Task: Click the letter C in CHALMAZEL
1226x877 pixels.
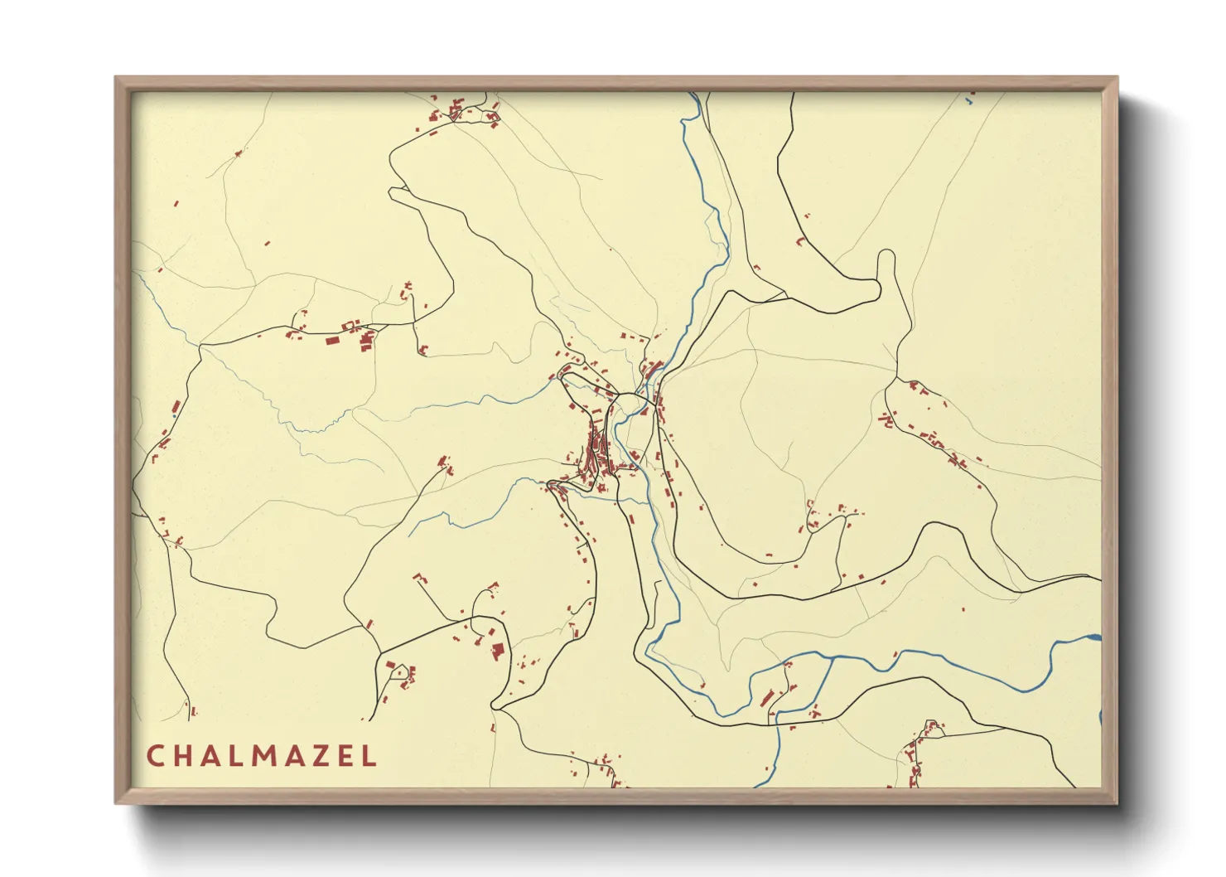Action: click(155, 756)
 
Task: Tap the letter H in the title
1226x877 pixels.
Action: click(184, 756)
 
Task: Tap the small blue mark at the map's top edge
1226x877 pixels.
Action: click(967, 101)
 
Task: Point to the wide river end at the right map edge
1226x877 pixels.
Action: click(1095, 638)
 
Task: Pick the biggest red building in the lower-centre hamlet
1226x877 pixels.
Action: click(498, 650)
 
